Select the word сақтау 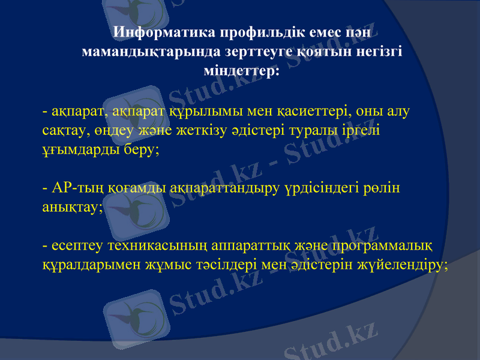pos(65,130)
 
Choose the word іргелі pos(359,130)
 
